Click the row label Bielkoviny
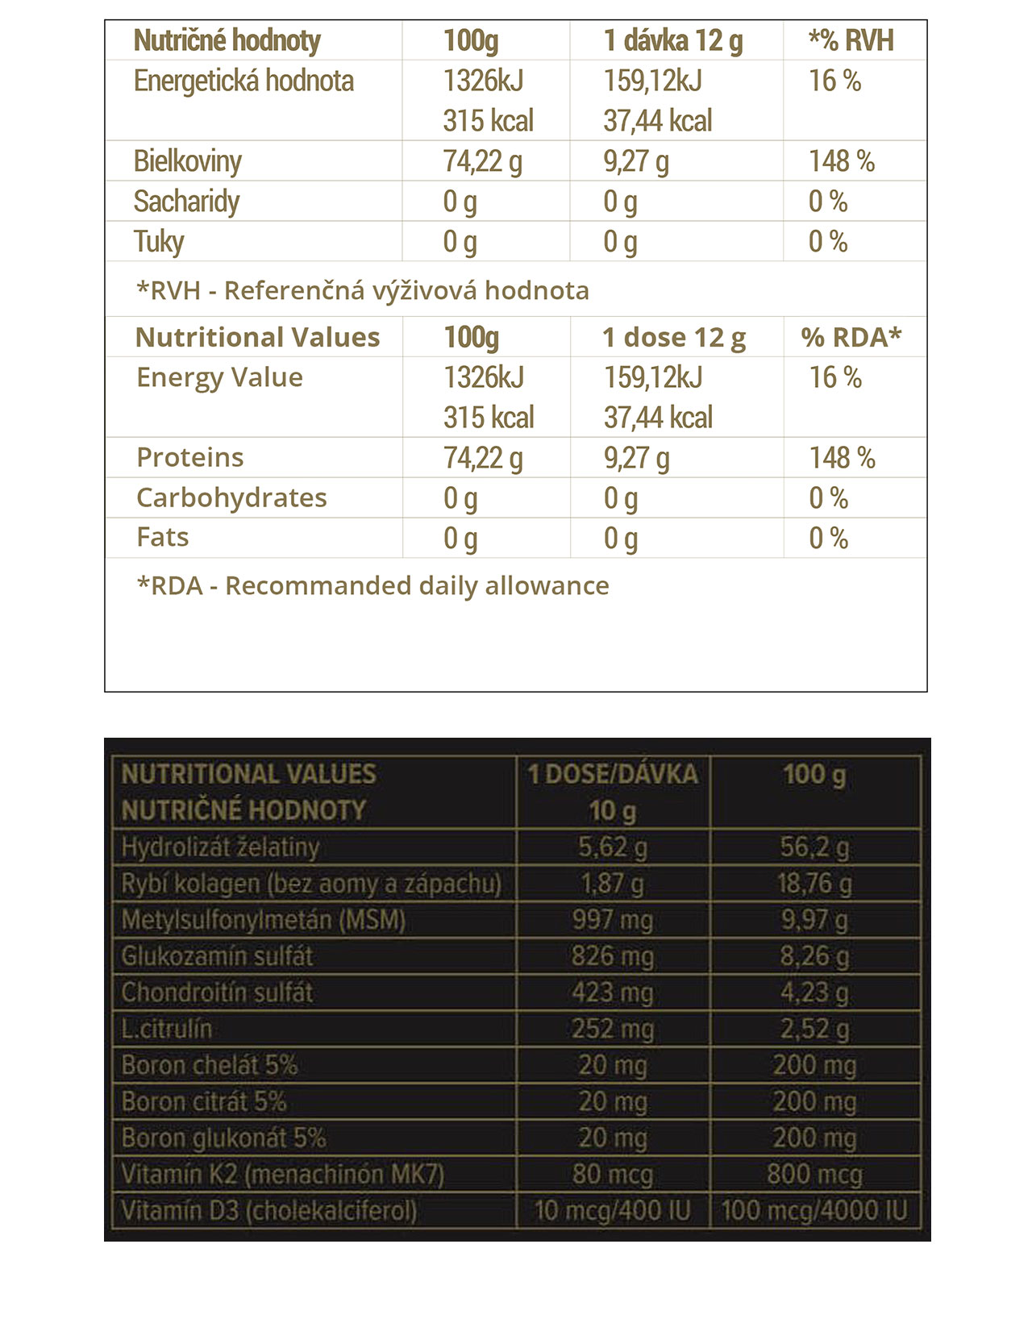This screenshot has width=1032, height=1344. click(x=187, y=161)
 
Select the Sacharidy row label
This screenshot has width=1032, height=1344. click(x=186, y=202)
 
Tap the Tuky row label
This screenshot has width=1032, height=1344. click(x=159, y=242)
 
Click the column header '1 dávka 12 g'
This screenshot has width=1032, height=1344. click(x=673, y=40)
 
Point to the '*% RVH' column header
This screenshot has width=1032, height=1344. click(x=851, y=40)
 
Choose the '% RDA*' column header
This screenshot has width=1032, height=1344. click(x=851, y=337)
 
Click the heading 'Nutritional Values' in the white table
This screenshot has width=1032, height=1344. click(x=257, y=337)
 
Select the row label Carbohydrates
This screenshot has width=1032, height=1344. click(x=231, y=498)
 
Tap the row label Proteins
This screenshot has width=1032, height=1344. click(x=190, y=458)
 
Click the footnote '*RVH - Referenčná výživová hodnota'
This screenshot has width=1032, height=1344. click(x=363, y=290)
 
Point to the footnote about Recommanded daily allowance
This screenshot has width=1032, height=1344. click(x=372, y=586)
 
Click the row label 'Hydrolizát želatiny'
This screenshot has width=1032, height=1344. click(x=220, y=847)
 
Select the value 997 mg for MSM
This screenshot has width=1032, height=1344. click(x=613, y=920)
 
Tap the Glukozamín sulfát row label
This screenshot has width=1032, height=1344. click(x=217, y=956)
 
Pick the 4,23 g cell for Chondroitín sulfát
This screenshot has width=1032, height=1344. click(x=814, y=992)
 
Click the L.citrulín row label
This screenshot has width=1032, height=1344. click(x=167, y=1029)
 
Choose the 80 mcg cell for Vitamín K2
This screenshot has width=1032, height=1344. click(x=613, y=1175)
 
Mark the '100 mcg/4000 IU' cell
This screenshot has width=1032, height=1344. click(x=814, y=1211)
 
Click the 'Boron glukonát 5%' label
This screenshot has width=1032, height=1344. click(x=223, y=1138)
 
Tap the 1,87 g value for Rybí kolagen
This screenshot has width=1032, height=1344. click(x=613, y=884)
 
